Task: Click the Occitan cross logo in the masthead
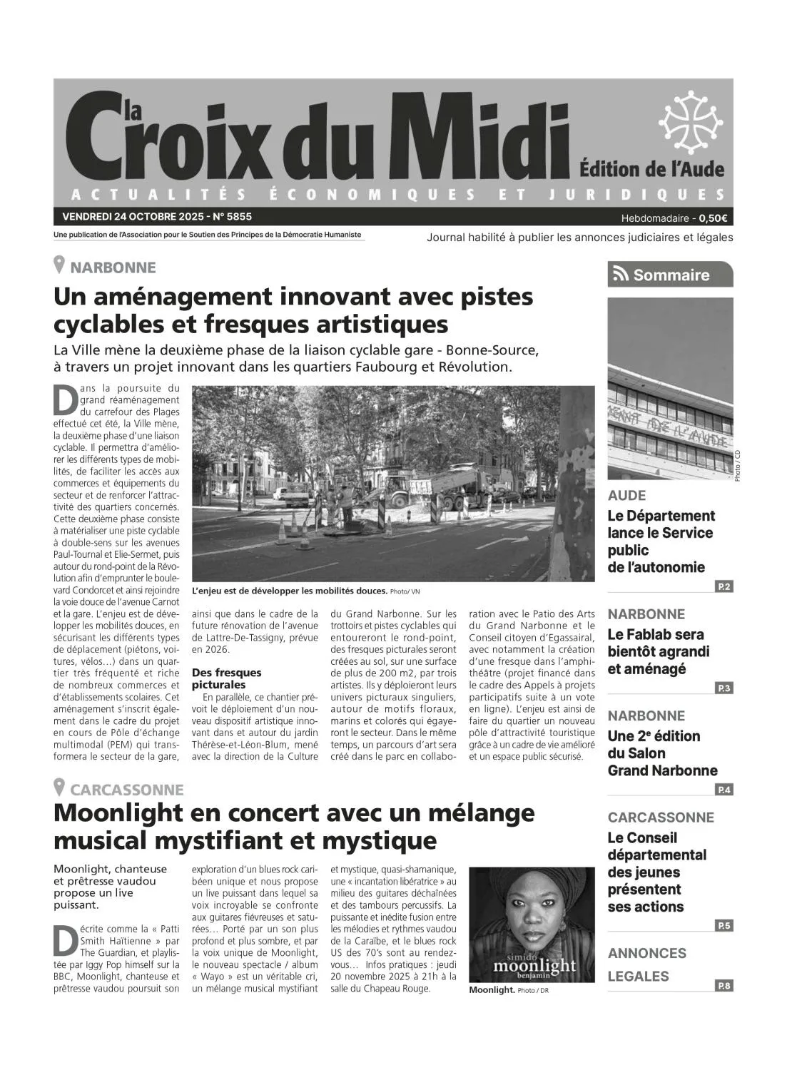coord(690,122)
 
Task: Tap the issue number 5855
coord(238,216)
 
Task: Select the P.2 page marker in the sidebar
coord(723,586)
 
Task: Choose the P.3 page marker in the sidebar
coord(723,688)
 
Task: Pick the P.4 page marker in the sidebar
coord(723,790)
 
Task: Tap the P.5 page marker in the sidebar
coord(723,925)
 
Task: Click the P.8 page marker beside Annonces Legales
coord(723,986)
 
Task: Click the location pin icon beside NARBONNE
coord(60,265)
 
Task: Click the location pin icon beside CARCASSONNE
coord(60,788)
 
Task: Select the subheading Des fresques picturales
coord(226,678)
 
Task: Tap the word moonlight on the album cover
coord(534,965)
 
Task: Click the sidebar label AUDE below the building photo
coord(626,495)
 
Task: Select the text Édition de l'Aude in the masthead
coord(651,170)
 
